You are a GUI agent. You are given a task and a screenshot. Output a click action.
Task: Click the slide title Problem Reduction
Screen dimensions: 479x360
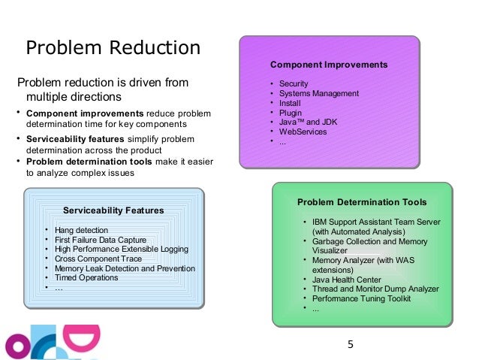click(x=113, y=49)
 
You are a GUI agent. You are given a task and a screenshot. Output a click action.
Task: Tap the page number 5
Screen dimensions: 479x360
click(x=349, y=345)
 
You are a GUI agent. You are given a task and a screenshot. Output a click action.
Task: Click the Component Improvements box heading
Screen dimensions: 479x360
click(x=329, y=65)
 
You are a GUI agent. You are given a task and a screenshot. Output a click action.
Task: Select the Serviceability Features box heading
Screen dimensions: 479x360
click(x=113, y=210)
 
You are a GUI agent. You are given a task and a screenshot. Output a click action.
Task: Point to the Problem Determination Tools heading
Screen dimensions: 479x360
click(x=362, y=202)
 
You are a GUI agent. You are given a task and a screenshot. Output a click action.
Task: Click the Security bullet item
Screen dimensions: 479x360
click(x=294, y=83)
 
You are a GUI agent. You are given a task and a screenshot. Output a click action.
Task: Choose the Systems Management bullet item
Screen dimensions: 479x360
click(x=318, y=93)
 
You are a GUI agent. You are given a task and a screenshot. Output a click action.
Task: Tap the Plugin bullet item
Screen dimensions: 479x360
click(x=291, y=113)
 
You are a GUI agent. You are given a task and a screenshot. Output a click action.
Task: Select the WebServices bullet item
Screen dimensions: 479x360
click(x=303, y=132)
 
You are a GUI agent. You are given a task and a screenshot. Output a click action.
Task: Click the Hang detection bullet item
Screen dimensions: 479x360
click(x=81, y=230)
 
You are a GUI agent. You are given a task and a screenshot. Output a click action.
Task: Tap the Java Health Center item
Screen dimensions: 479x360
click(x=347, y=280)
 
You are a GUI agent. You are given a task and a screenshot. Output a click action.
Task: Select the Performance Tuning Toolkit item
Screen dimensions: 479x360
click(x=362, y=298)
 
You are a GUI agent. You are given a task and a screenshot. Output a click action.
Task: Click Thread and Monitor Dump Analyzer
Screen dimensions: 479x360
click(x=375, y=289)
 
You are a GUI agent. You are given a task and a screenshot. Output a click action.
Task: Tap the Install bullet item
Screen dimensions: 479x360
click(x=291, y=103)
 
